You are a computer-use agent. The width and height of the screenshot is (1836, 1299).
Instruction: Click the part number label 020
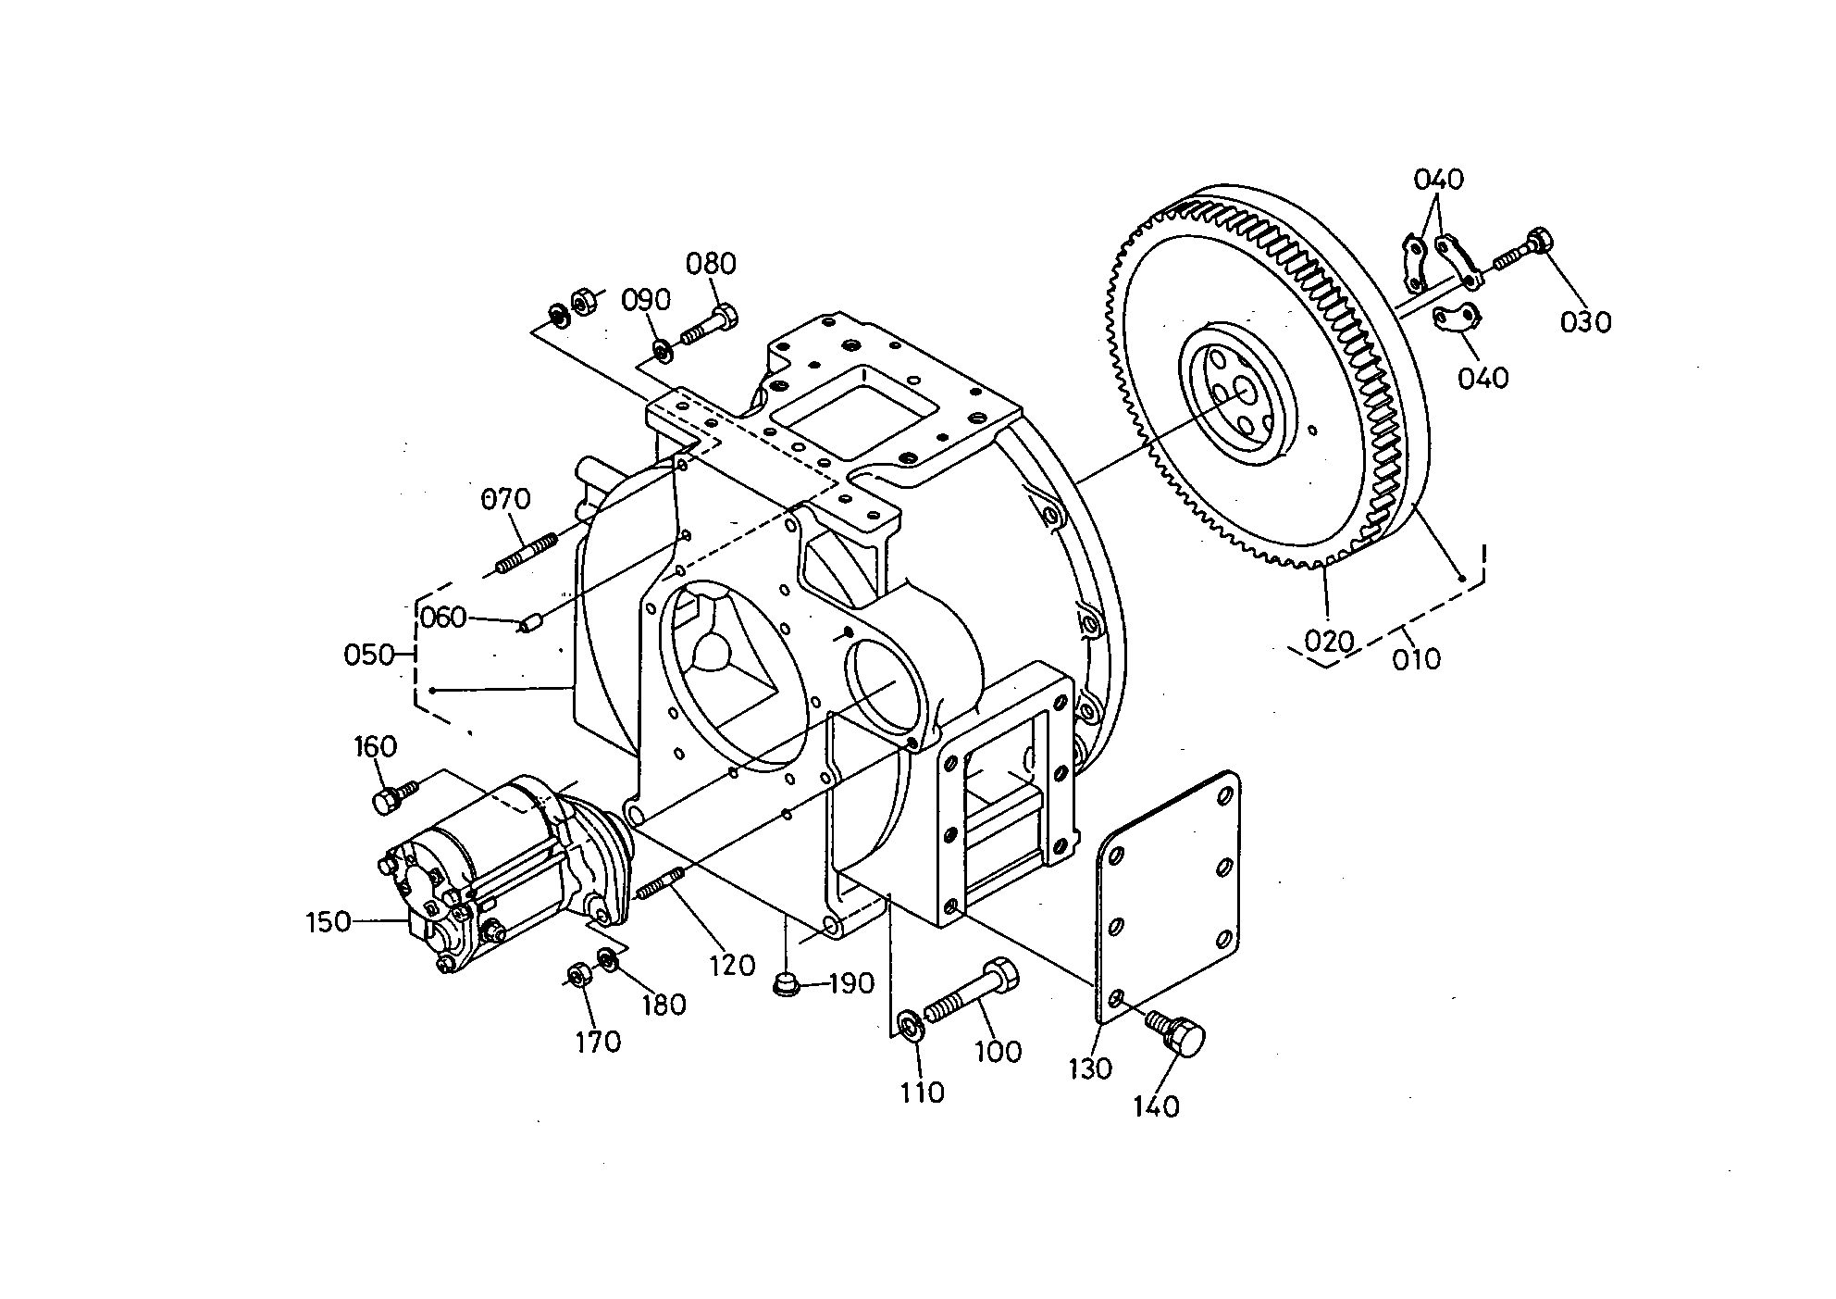pos(1329,641)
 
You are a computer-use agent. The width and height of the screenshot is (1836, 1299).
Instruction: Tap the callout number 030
pos(1586,322)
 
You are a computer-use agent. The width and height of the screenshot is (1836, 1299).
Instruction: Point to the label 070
pos(506,499)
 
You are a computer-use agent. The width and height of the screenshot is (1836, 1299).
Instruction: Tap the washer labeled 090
pos(662,350)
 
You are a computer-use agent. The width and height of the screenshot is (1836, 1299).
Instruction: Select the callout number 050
pos(368,656)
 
